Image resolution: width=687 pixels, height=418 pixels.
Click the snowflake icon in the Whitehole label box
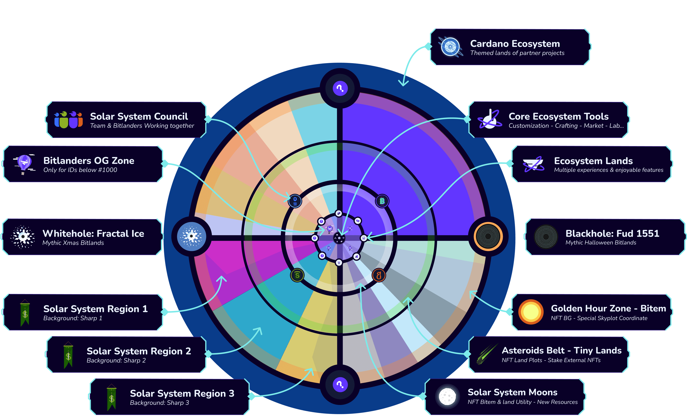tap(23, 237)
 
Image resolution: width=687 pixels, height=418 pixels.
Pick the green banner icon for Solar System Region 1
tap(25, 312)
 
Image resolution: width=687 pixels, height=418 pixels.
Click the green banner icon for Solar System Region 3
tap(112, 397)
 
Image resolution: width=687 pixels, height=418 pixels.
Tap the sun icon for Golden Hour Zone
tap(531, 312)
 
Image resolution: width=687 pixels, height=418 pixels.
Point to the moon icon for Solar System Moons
tap(447, 396)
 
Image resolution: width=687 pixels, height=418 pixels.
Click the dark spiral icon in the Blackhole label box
tap(546, 237)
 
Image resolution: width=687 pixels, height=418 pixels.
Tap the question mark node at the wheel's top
tap(340, 88)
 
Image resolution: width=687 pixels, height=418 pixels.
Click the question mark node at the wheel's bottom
tap(340, 385)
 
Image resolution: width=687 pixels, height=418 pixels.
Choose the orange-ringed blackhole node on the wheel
tap(488, 237)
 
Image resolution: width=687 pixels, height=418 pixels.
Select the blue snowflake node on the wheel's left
tap(191, 237)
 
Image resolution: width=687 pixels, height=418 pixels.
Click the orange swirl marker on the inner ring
tap(379, 276)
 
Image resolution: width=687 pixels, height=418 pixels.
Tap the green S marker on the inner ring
tap(297, 276)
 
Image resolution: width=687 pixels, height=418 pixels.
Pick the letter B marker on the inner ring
tap(382, 201)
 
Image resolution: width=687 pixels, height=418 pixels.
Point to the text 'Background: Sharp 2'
tap(116, 360)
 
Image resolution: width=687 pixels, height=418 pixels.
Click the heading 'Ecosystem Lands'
tap(593, 161)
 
